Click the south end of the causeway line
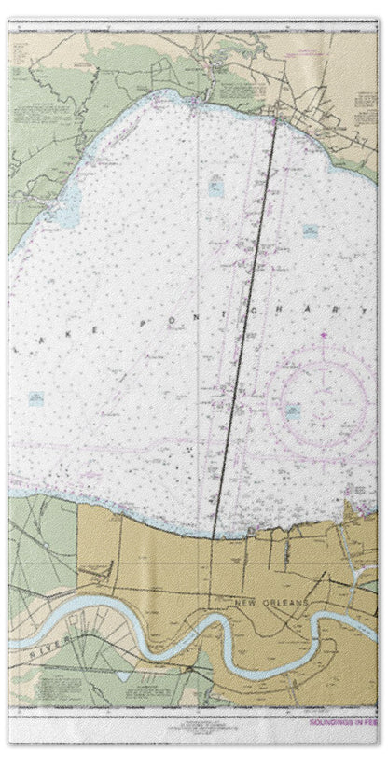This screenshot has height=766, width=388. pos(214,539)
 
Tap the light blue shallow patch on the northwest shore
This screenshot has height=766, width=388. pos(63,214)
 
